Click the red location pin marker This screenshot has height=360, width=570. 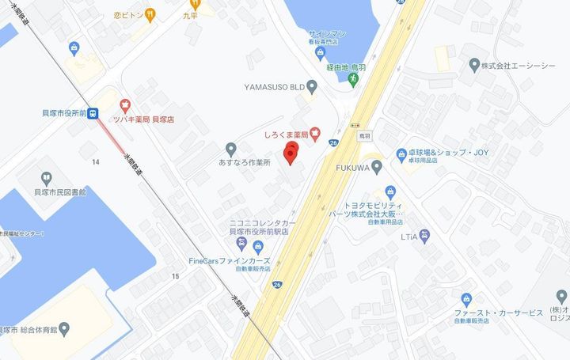pyautogui.click(x=291, y=153)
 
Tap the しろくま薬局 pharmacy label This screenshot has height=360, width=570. pyautogui.click(x=285, y=135)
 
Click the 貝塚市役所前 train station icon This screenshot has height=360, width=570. pyautogui.click(x=93, y=113)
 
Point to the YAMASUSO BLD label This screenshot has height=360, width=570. pyautogui.click(x=272, y=85)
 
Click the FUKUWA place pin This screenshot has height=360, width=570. pyautogui.click(x=376, y=167)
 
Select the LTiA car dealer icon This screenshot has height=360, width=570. pyautogui.click(x=425, y=235)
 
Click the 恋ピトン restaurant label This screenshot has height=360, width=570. pyautogui.click(x=127, y=14)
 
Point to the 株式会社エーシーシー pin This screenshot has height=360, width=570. pyautogui.click(x=473, y=65)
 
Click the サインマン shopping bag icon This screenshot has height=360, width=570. pyautogui.click(x=320, y=53)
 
